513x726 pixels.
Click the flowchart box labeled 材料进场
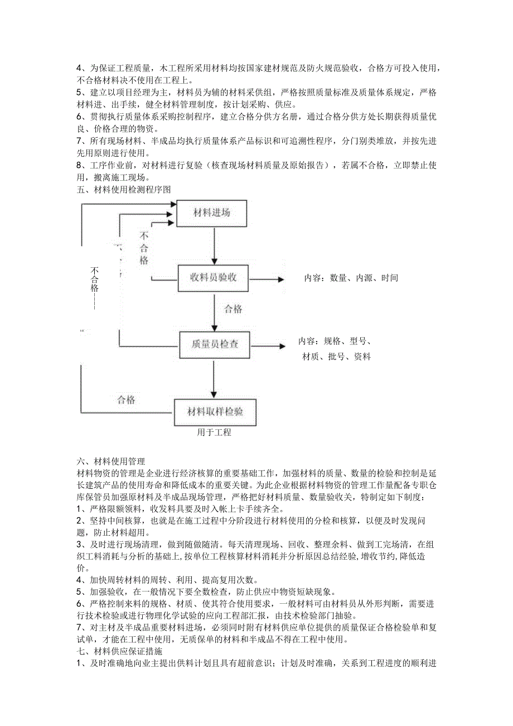(212, 213)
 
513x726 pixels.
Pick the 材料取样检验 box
(215, 412)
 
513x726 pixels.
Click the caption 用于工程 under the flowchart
(214, 432)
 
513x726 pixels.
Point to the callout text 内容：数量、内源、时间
(351, 278)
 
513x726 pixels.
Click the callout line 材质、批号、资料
(336, 357)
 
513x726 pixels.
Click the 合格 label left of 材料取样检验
(126, 400)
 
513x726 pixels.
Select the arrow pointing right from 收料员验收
(267, 278)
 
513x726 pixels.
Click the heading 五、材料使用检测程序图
(123, 190)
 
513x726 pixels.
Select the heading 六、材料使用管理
(110, 461)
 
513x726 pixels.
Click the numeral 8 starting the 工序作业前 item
(79, 165)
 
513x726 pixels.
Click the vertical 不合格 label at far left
(95, 279)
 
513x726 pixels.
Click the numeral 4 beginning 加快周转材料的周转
(79, 579)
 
